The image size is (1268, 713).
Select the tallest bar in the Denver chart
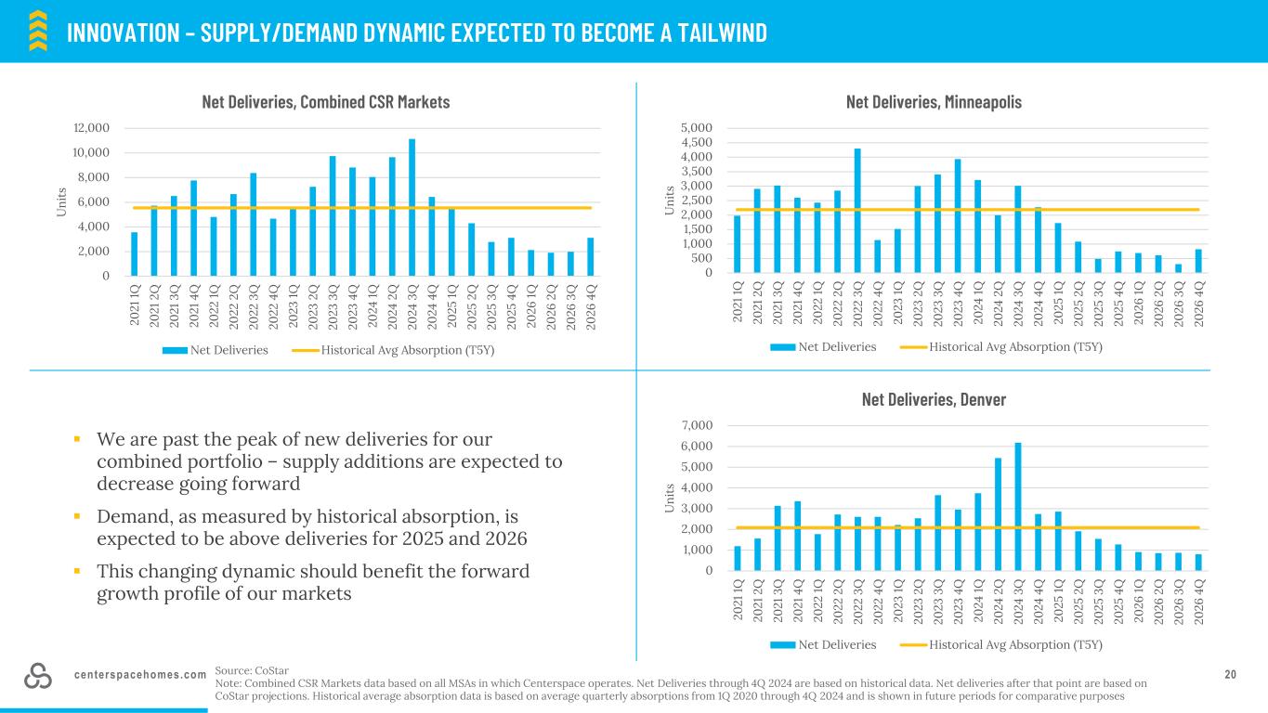(1018, 507)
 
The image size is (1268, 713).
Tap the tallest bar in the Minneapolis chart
(857, 211)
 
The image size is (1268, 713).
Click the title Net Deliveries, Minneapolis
(934, 102)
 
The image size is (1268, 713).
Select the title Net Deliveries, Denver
(934, 399)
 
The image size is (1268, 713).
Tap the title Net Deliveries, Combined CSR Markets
(326, 102)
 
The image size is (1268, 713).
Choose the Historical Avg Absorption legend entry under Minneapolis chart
(1003, 347)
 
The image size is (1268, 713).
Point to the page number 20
(1231, 675)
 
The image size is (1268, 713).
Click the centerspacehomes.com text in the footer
(140, 675)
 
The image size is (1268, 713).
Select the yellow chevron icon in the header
(37, 30)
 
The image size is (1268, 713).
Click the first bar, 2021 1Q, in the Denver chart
(738, 558)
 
